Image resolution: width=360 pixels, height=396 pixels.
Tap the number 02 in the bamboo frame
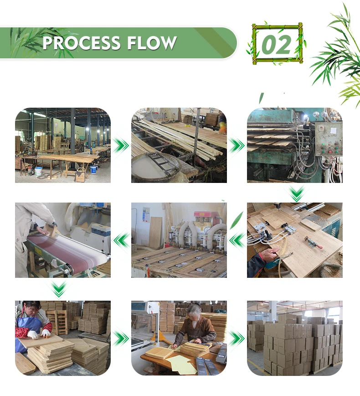[276, 45]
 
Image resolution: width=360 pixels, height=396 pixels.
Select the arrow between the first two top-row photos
[121, 146]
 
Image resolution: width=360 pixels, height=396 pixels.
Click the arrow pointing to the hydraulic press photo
[237, 146]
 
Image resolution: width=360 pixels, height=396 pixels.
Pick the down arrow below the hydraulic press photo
[297, 193]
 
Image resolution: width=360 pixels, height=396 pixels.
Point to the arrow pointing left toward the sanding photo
[121, 240]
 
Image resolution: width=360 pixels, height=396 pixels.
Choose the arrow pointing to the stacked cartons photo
[237, 338]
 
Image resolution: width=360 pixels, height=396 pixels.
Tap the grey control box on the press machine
[328, 139]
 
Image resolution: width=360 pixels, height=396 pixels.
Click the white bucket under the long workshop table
[38, 172]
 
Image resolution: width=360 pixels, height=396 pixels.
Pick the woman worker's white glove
[33, 334]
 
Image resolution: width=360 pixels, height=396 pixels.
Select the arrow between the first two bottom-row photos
[121, 338]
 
